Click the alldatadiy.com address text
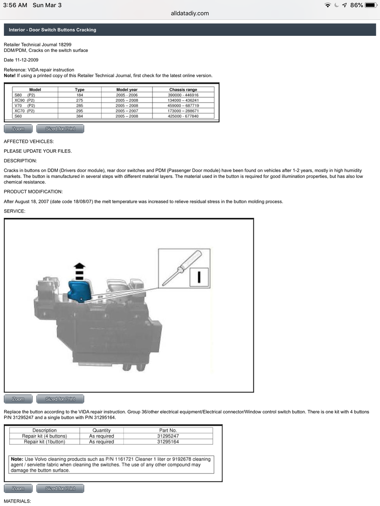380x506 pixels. pyautogui.click(x=190, y=13)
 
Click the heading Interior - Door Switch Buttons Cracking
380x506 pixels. pyautogui.click(x=52, y=30)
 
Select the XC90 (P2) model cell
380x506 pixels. pyautogui.click(x=24, y=100)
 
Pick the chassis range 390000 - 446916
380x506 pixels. pyautogui.click(x=183, y=95)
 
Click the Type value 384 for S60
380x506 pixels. pyautogui.click(x=79, y=116)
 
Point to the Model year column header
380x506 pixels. pyautogui.click(x=127, y=90)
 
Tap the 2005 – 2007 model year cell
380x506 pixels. pyautogui.click(x=127, y=111)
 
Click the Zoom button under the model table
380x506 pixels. pyautogui.click(x=18, y=129)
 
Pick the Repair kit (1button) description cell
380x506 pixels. pyautogui.click(x=44, y=442)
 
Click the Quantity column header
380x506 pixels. pyautogui.click(x=101, y=431)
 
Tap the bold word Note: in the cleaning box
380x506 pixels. pyautogui.click(x=17, y=459)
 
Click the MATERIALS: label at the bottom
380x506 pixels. pyautogui.click(x=17, y=501)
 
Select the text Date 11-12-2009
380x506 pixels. pyautogui.click(x=21, y=60)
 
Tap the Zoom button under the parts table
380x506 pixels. pyautogui.click(x=18, y=488)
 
